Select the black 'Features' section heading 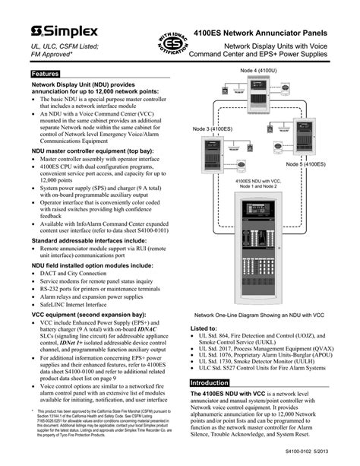pos(45,74)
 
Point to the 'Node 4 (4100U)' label pos(261,71)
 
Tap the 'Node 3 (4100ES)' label pos(214,129)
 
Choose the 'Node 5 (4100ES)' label pos(307,164)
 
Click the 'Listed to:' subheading pos(203,328)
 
